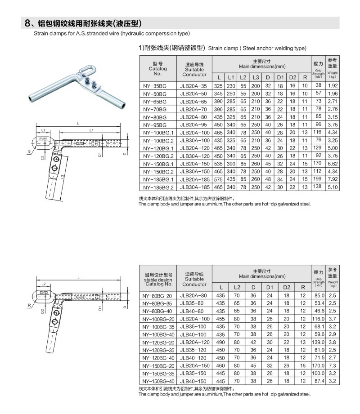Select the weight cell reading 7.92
[333, 179]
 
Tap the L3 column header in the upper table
[256, 77]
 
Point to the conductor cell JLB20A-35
[194, 85]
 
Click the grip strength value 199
[318, 179]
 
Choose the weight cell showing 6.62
[333, 163]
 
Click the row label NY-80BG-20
[157, 296]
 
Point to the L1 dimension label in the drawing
[91, 130]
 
